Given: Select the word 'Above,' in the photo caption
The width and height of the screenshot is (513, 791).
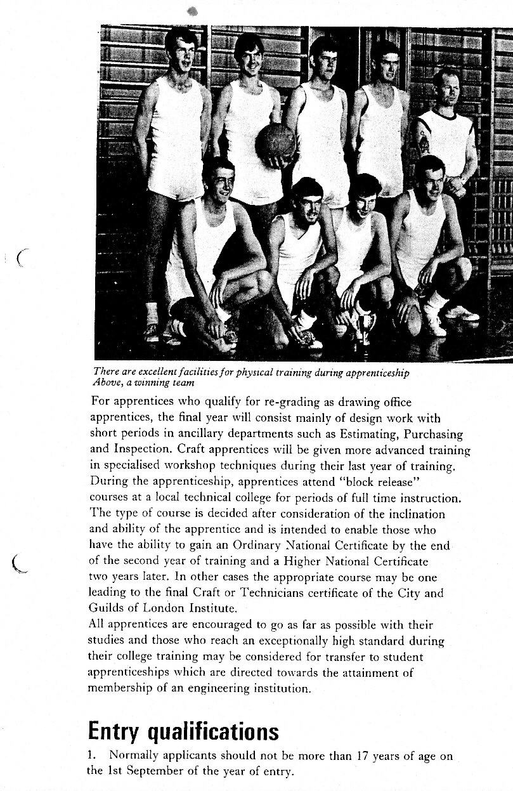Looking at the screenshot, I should point(108,382).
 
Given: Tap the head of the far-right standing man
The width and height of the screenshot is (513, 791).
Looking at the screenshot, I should point(445,89).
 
